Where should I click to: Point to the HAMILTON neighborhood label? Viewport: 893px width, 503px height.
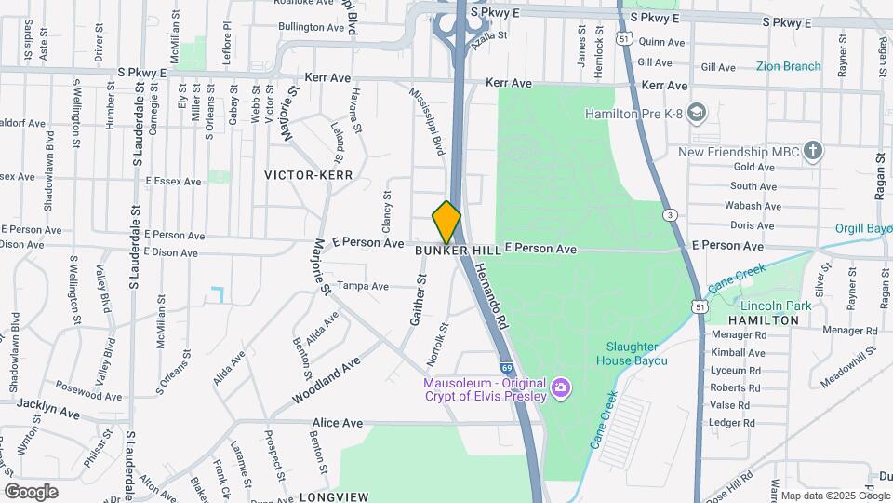pos(763,319)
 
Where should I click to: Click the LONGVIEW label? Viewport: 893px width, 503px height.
pos(334,496)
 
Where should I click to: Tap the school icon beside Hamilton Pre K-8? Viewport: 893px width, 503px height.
pos(698,114)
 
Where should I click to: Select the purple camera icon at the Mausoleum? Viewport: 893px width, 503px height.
pos(560,387)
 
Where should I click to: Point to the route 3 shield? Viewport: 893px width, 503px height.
pos(670,215)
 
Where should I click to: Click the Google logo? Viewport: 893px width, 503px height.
pos(31,491)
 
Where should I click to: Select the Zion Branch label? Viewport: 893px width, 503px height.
pos(788,66)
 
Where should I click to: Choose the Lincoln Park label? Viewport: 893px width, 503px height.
pos(776,306)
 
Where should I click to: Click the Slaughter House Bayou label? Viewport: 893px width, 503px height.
pos(632,353)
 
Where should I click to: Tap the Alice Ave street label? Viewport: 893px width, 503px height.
pos(339,423)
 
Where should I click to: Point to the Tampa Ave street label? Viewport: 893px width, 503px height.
pos(362,286)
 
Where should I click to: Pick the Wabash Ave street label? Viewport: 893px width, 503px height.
pos(752,206)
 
